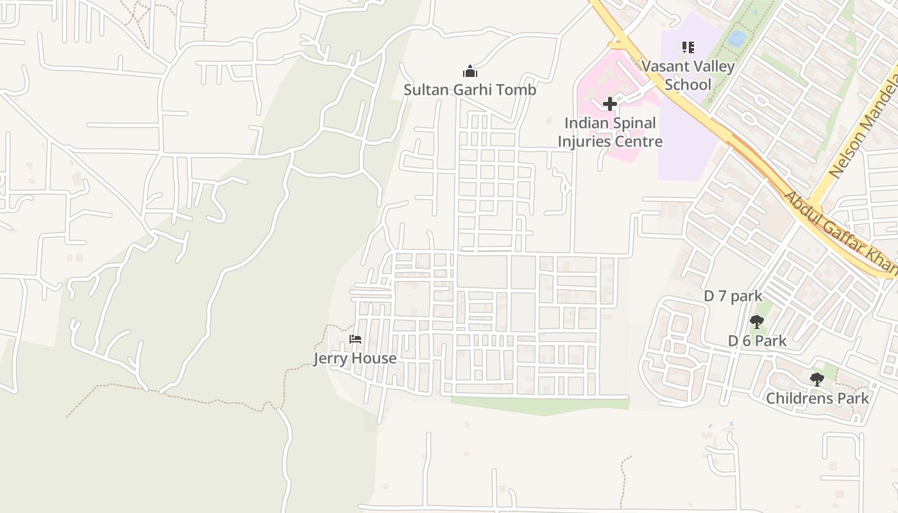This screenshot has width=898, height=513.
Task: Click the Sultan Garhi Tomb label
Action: click(x=470, y=90)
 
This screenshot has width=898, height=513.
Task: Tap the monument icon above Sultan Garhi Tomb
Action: click(x=470, y=71)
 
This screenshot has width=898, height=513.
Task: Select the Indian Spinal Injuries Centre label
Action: click(x=609, y=132)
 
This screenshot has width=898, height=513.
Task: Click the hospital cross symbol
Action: click(x=610, y=103)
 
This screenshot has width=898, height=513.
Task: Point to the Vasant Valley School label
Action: click(x=688, y=75)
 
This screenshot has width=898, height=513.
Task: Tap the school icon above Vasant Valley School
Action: click(x=688, y=47)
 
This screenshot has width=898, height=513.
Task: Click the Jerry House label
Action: click(x=355, y=358)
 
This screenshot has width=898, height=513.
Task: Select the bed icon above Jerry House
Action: click(x=355, y=339)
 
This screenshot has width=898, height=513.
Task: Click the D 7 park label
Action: click(x=733, y=296)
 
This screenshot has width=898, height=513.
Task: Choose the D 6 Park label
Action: click(x=757, y=341)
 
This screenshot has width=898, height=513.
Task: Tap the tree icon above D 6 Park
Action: click(x=757, y=322)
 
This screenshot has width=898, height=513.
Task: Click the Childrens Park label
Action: click(x=817, y=398)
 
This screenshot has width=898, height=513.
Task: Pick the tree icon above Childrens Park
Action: click(x=817, y=380)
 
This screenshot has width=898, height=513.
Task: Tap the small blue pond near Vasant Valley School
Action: click(x=736, y=38)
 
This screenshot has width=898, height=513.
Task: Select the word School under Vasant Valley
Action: click(x=688, y=85)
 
